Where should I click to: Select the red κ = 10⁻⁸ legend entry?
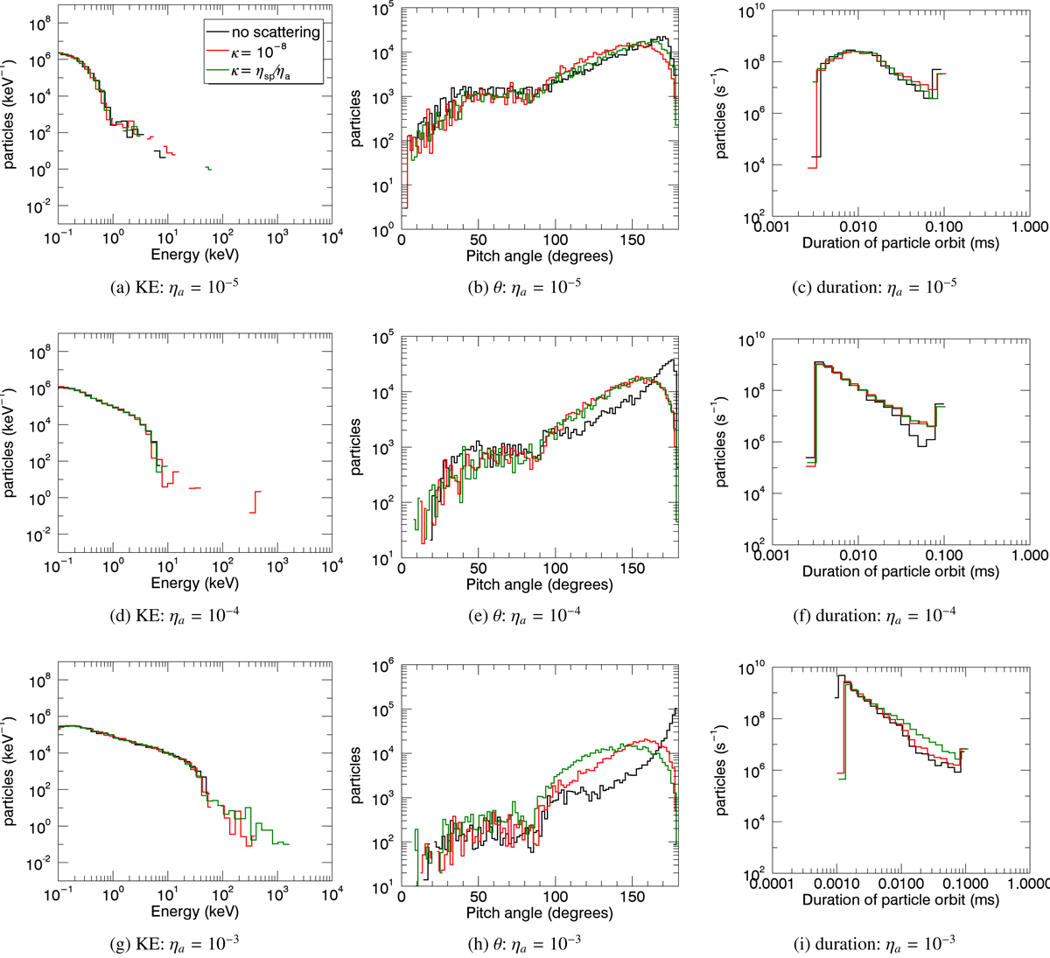click(x=276, y=53)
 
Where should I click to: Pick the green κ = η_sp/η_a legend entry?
click(x=276, y=74)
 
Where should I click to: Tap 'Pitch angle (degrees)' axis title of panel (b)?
click(x=539, y=255)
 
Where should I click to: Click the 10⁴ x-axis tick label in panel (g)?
click(x=330, y=897)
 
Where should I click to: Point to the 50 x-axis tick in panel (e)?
click(x=478, y=568)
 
